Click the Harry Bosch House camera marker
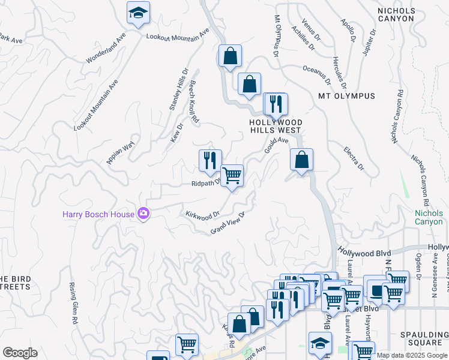coord(143,213)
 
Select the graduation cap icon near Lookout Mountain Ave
coord(139,13)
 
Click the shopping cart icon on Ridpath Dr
coord(232,176)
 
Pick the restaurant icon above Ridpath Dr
coord(210,160)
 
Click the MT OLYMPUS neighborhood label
coord(346,96)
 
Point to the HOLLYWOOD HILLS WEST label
coord(276,126)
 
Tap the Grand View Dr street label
coord(228,223)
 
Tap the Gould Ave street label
coord(277,145)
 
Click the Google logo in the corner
coord(20,353)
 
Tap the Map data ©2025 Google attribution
coord(412,355)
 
